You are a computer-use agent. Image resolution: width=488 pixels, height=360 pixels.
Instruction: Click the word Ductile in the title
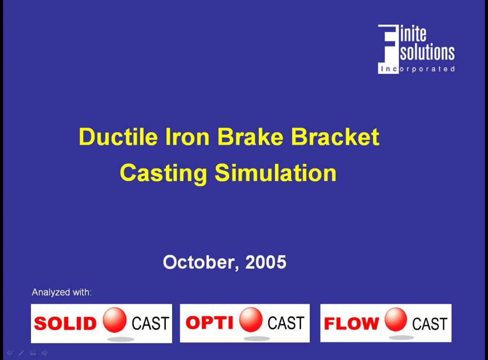118,137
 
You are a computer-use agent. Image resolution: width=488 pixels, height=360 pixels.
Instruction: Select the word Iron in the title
187,137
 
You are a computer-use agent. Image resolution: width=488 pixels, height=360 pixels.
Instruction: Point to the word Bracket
335,137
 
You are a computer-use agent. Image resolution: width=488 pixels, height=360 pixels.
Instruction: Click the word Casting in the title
163,173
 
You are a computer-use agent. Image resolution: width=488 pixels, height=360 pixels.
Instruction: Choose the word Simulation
276,173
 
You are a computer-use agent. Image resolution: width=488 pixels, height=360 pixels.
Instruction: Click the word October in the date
201,262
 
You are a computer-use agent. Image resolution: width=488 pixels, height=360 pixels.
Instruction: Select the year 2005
265,262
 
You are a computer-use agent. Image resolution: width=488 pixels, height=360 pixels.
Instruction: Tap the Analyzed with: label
61,292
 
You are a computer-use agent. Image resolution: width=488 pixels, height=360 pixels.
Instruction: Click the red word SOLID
65,323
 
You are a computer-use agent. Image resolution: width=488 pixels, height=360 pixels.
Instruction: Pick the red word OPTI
209,322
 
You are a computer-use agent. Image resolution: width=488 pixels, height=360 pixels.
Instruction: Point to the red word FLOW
351,323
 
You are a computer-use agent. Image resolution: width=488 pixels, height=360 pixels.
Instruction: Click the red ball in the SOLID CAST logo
114,320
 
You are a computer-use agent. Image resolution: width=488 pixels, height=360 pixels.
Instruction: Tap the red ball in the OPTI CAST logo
251,320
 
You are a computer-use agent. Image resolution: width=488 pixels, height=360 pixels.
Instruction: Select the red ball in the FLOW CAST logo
396,320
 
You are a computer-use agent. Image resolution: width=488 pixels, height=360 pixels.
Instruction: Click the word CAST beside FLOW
430,324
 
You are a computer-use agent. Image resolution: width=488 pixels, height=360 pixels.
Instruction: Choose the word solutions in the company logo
427,52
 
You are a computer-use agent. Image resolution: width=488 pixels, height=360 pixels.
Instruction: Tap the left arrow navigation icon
10,353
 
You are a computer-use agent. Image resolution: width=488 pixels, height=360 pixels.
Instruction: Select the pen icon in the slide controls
21,353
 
